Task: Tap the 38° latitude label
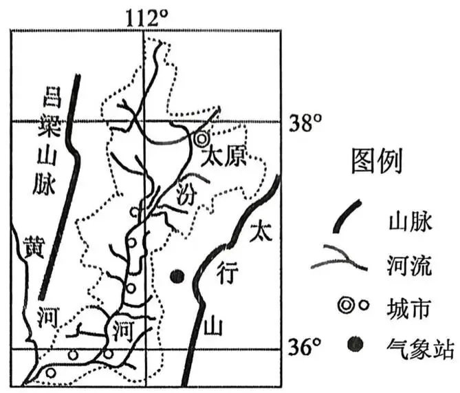306,125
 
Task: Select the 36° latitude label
304,348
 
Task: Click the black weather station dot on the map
177,277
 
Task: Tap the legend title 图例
376,162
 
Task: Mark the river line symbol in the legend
338,258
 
